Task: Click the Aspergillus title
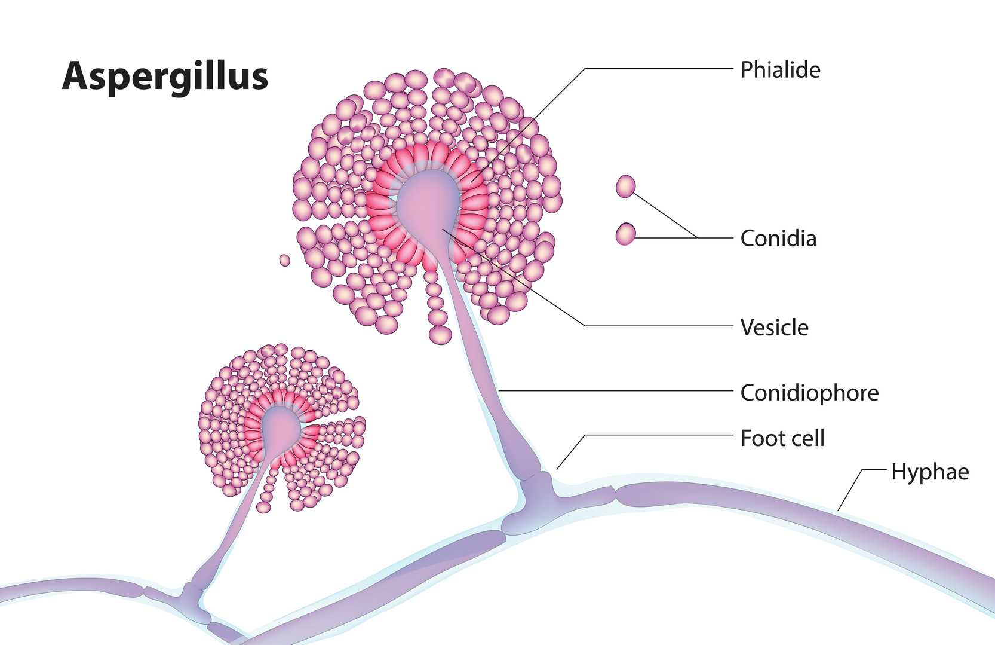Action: (165, 77)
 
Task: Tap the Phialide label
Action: (780, 70)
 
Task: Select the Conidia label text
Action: (778, 239)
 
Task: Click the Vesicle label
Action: (774, 328)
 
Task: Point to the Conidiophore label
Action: (809, 393)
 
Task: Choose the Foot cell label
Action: (782, 438)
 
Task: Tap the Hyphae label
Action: (930, 472)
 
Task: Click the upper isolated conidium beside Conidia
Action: (625, 187)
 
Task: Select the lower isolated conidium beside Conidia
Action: (625, 234)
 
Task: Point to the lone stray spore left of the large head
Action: (285, 260)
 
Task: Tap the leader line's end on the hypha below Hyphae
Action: (839, 510)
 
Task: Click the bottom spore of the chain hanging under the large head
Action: (440, 334)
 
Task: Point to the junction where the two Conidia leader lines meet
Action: (698, 238)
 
